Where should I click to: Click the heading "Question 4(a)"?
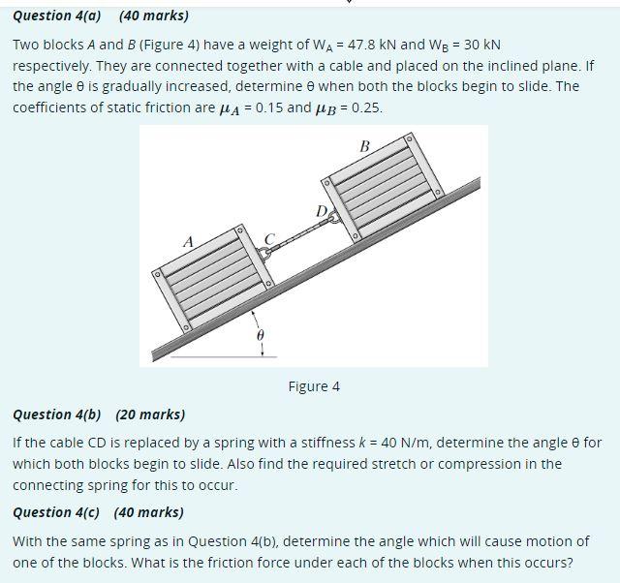coord(57,15)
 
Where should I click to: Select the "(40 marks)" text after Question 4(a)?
coord(153,15)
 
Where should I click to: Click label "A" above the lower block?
coord(189,240)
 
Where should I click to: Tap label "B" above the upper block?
coord(364,146)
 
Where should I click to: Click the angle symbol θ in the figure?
coord(258,334)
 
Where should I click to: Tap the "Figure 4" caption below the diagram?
coord(314,386)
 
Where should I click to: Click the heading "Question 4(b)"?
coord(57,414)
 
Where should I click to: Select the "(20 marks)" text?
coord(150,414)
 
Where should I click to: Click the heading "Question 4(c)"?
coord(57,512)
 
